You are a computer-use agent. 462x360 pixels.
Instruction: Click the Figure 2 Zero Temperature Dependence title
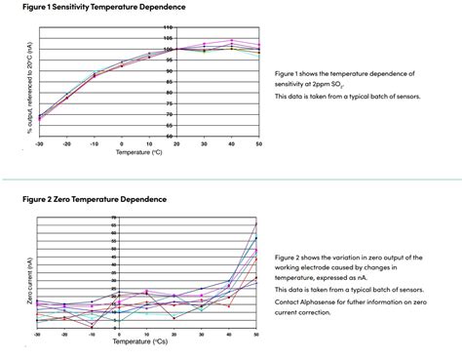tap(95, 199)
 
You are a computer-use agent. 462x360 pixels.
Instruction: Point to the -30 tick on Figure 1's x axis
tap(39, 143)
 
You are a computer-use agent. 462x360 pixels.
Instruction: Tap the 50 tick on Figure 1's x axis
tap(258, 143)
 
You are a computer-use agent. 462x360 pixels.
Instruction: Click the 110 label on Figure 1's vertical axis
tap(169, 27)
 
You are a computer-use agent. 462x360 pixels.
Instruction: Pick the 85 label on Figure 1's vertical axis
tap(169, 82)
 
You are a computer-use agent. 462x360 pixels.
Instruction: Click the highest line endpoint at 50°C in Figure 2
tap(255, 224)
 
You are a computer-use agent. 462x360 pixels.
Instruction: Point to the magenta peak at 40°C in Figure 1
tap(230, 40)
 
